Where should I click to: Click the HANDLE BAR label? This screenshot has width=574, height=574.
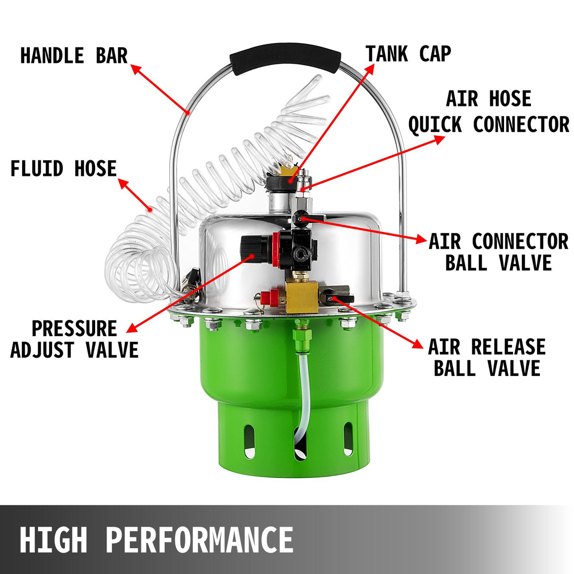(74, 56)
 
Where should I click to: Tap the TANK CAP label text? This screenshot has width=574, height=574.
(408, 54)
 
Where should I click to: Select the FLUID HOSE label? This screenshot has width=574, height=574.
(63, 169)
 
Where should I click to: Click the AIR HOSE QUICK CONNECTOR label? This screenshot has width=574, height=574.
(488, 112)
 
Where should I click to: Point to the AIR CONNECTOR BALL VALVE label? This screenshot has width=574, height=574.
(498, 252)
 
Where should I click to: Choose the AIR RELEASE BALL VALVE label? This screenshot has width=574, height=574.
(487, 357)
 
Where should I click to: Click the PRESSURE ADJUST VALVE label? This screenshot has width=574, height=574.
(74, 339)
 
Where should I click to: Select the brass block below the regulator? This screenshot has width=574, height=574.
(301, 296)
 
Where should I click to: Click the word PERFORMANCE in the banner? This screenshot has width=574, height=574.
(199, 539)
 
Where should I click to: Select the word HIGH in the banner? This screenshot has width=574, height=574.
(53, 539)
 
